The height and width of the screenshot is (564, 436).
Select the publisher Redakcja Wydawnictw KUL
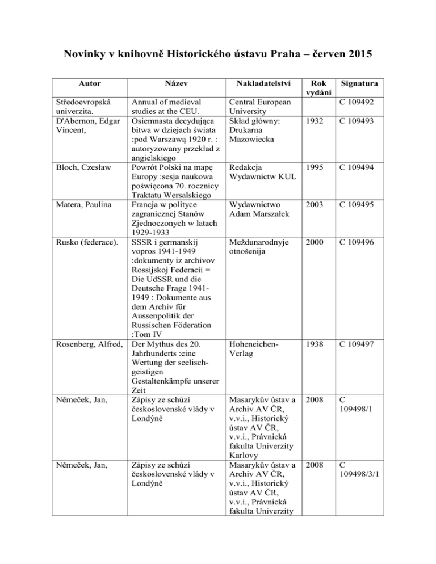pos(261,173)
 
